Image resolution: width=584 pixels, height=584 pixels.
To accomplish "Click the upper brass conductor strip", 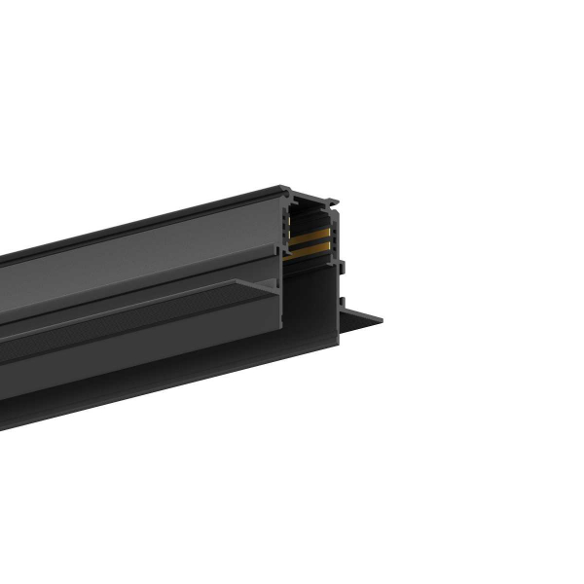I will tap(309, 237).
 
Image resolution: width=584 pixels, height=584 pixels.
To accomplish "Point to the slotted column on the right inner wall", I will tap(332, 238).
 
